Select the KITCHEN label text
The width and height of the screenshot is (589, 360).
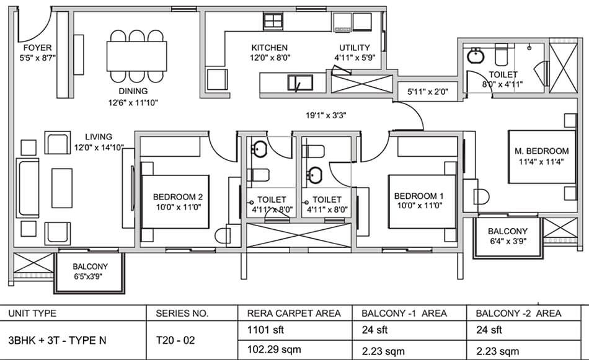point(270,48)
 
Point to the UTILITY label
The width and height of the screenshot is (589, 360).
point(355,48)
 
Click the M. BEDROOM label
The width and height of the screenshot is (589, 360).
point(541,151)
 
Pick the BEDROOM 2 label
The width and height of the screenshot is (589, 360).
point(178,197)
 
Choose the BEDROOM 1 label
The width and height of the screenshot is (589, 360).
point(418,197)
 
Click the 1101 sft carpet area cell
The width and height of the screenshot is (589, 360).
point(261,329)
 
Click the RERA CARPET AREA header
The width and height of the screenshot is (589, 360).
point(293,314)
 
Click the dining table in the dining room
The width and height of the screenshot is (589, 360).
point(136,56)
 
